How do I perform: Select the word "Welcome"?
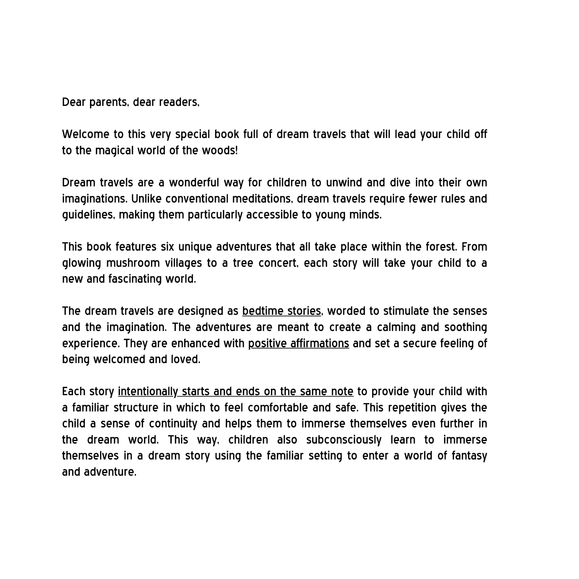click(x=85, y=134)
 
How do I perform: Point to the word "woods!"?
click(x=220, y=150)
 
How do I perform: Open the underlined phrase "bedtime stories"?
click(x=281, y=311)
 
